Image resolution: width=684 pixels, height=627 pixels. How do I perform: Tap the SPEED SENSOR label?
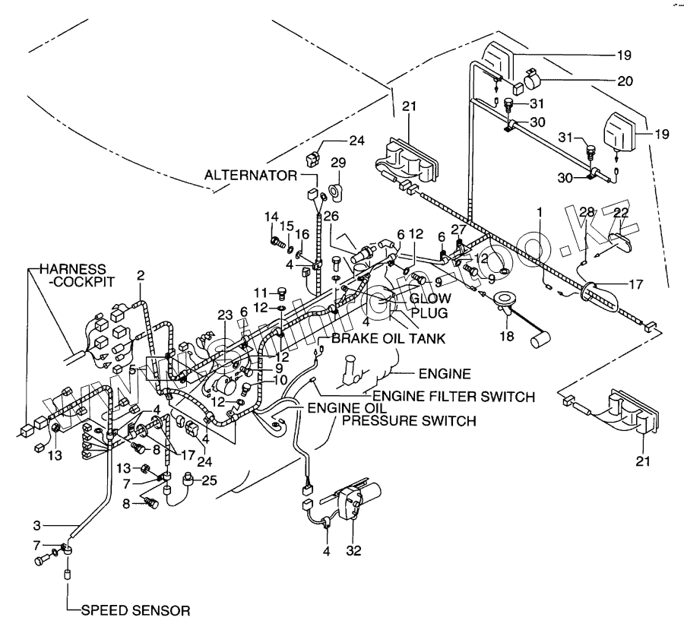coord(135,610)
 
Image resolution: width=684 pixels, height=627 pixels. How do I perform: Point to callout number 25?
coord(210,480)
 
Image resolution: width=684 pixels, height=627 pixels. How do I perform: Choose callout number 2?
coord(141,274)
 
